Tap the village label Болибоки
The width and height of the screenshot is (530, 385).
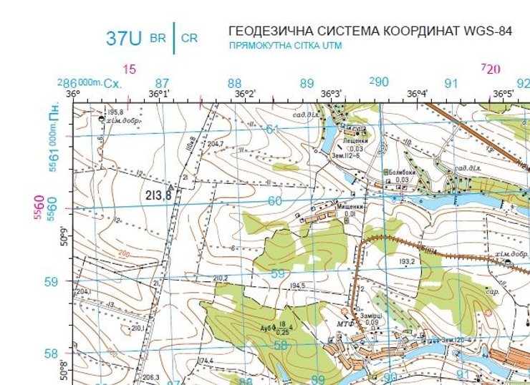point(399,172)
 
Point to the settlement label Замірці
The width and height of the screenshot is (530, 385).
point(372,315)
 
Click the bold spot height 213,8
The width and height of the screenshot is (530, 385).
point(158,195)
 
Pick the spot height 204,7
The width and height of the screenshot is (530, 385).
point(215,145)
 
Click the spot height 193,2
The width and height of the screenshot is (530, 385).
point(408,262)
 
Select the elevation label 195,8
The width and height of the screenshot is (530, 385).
point(115,113)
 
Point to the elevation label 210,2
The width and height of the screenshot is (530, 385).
point(221,278)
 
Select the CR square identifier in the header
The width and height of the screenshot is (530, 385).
point(189,39)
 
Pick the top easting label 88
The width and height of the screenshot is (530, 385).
point(234,84)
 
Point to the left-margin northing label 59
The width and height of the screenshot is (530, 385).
point(51,281)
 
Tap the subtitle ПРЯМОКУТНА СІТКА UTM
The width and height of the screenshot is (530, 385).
point(285,46)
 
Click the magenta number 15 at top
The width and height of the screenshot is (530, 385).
point(129,69)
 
